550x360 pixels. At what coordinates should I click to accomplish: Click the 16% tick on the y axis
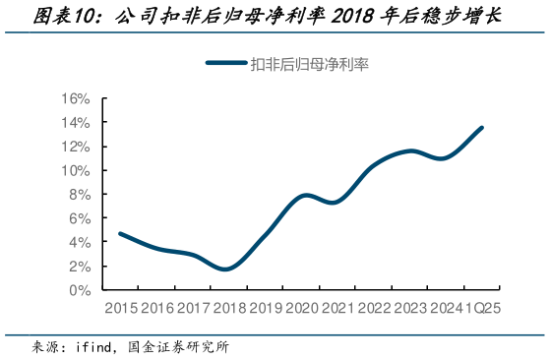pyautogui.click(x=77, y=99)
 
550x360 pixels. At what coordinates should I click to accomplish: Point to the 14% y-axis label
pyautogui.click(x=77, y=123)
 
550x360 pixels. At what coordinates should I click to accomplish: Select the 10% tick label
pyautogui.click(x=77, y=171)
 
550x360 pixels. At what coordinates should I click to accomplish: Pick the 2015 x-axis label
pyautogui.click(x=119, y=308)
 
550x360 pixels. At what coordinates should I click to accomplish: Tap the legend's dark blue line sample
pyautogui.click(x=226, y=64)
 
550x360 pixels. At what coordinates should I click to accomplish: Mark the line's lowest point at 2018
pyautogui.click(x=225, y=269)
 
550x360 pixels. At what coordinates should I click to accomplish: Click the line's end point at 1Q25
pyautogui.click(x=482, y=127)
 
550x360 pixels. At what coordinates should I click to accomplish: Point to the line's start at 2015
pyautogui.click(x=119, y=233)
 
